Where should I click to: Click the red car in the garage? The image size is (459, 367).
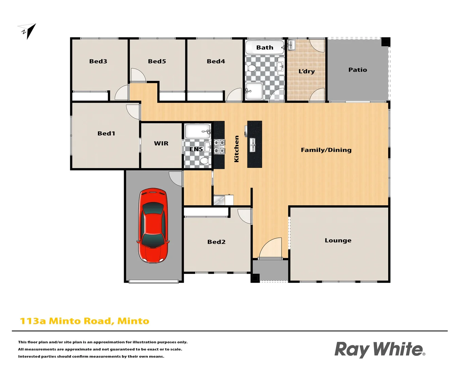[x=153, y=226]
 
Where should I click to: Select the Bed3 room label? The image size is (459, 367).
[x=98, y=62]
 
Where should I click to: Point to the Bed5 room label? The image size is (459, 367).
[x=157, y=62]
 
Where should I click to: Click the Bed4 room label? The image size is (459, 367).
[x=216, y=62]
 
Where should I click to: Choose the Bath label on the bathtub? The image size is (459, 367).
[x=265, y=48]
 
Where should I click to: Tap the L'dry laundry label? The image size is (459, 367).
[x=306, y=71]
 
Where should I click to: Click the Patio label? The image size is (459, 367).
[x=358, y=70]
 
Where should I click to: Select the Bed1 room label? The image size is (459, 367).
[x=106, y=134]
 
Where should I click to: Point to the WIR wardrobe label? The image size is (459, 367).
[x=161, y=143]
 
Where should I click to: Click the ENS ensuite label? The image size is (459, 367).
[x=196, y=149]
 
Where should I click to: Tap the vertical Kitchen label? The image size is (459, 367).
[x=237, y=149]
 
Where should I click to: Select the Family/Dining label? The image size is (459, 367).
[x=326, y=150]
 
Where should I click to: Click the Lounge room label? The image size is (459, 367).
[x=338, y=240]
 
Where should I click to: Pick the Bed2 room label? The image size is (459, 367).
[x=216, y=242]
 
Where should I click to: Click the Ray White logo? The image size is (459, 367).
[x=379, y=350]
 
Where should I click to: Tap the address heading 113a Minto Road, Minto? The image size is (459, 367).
[x=85, y=321]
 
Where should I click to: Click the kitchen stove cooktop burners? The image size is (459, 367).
[x=219, y=146]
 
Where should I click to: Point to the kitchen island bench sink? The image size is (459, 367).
[x=253, y=145]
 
